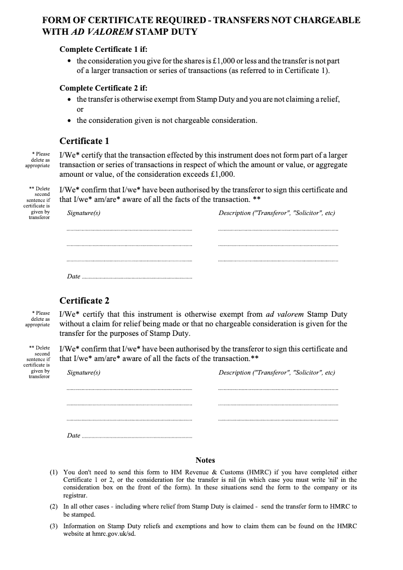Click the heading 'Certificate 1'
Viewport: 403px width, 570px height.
coord(84,141)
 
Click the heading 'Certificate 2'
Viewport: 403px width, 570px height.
coord(84,301)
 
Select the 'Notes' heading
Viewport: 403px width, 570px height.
coord(205,460)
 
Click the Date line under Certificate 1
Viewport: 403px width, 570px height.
coord(136,277)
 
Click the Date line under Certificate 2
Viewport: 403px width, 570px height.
coord(136,436)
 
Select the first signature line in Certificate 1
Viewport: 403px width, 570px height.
coord(129,231)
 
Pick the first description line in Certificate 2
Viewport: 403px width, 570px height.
coord(278,390)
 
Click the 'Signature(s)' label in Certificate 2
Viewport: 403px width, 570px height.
coord(84,373)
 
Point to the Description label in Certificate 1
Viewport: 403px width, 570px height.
coord(277,213)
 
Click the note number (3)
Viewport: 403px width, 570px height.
coord(53,526)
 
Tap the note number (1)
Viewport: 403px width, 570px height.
coord(53,472)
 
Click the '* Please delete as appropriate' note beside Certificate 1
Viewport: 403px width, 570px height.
coord(38,160)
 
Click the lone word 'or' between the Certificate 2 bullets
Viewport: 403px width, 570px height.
coord(80,109)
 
